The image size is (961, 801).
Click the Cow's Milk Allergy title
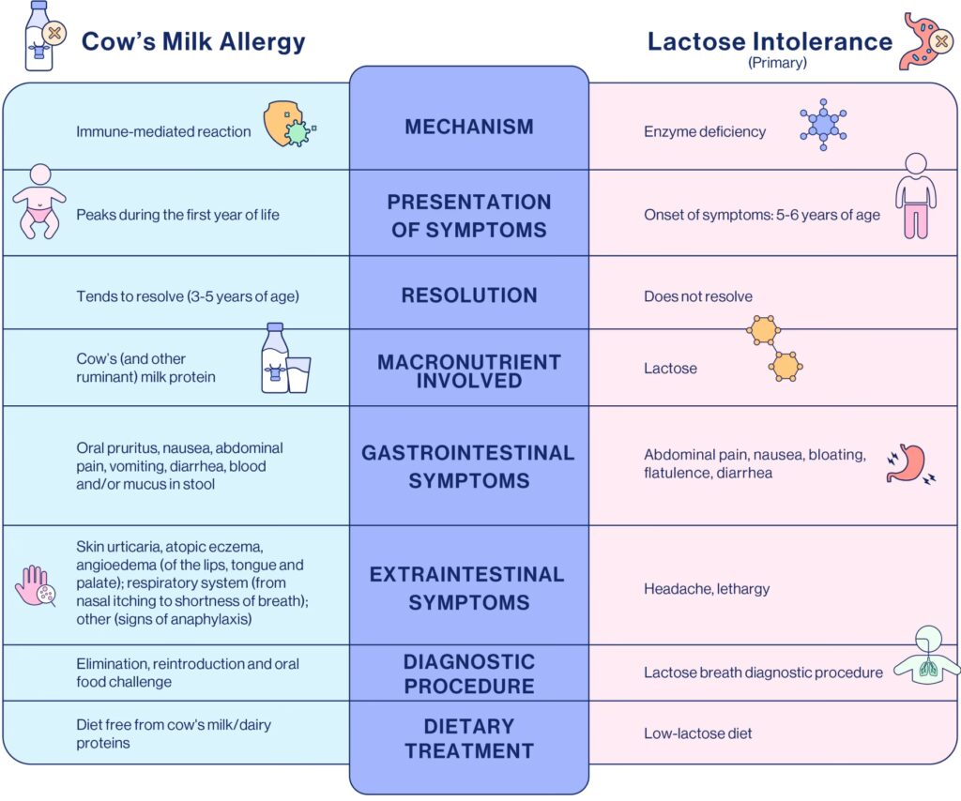click(193, 41)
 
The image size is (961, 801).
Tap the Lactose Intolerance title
click(770, 41)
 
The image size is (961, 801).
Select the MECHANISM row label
click(469, 127)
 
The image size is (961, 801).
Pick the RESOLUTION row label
click(469, 295)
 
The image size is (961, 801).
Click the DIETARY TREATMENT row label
click(469, 738)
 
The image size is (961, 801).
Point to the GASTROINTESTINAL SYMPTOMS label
click(468, 466)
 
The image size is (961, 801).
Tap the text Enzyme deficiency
click(705, 131)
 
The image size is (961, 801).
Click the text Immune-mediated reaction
click(163, 131)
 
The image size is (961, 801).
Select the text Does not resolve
click(698, 296)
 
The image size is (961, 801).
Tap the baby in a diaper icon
click(39, 201)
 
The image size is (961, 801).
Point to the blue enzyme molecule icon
click(823, 123)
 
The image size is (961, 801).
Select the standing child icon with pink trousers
click(915, 197)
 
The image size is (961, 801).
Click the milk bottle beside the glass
click(274, 358)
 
